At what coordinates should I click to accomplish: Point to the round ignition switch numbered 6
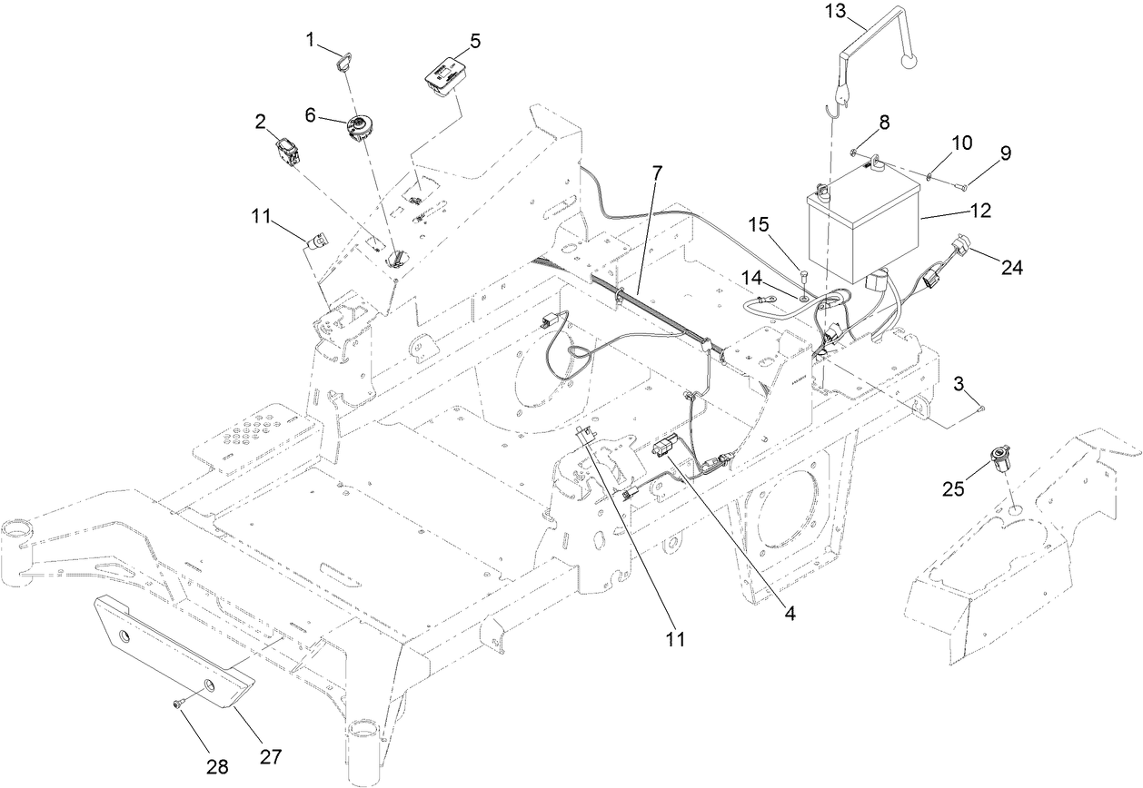pos(362,125)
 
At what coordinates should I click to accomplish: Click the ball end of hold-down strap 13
pos(909,61)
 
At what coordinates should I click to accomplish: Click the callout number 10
pos(961,143)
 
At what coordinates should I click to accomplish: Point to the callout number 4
pos(790,614)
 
